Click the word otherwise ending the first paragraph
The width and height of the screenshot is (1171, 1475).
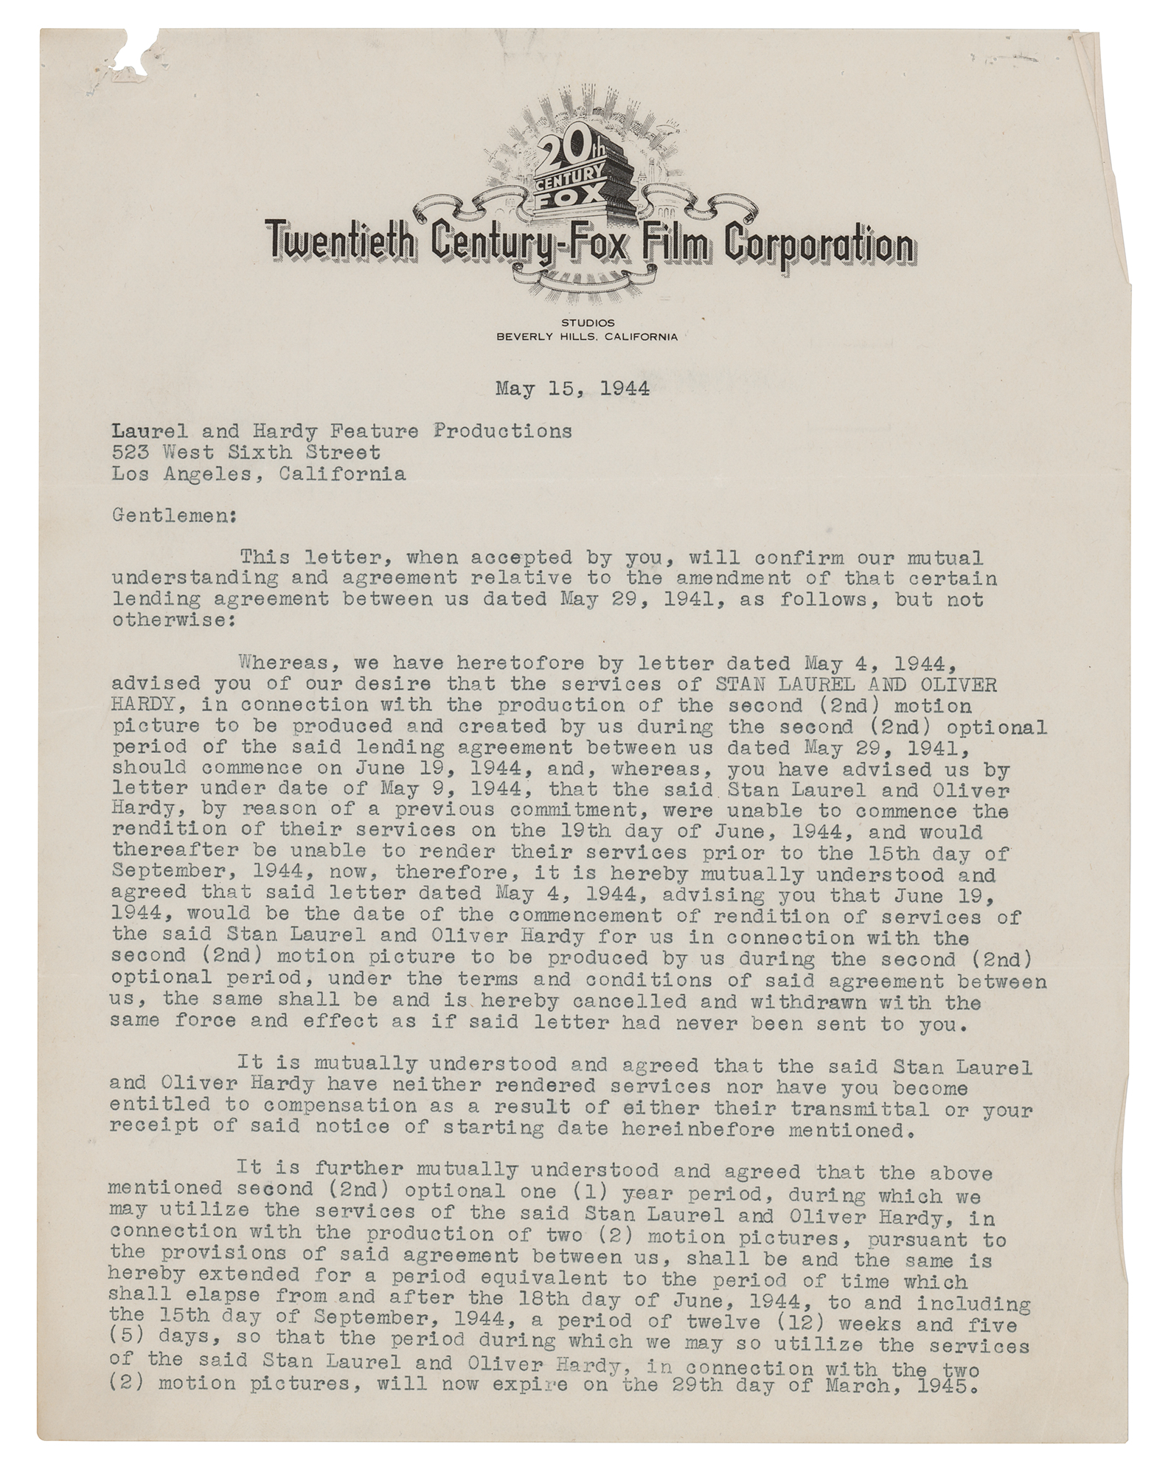(x=173, y=620)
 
